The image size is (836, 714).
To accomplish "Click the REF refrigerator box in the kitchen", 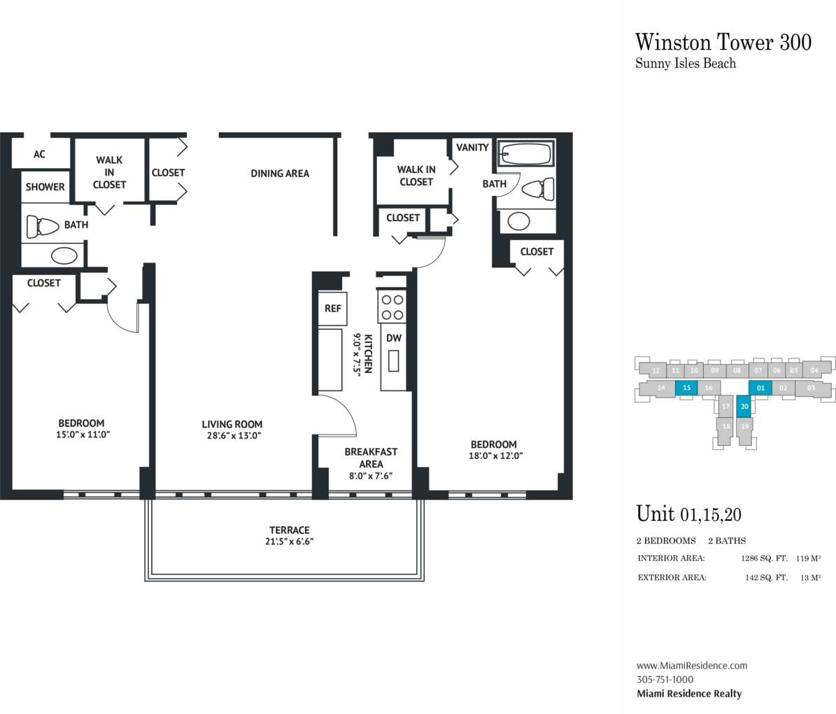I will click(333, 309).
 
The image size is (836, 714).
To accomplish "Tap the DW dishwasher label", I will click(394, 338).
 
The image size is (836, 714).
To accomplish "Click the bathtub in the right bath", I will click(526, 153).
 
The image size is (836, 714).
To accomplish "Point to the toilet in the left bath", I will click(42, 226).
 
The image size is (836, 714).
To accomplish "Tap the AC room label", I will click(40, 154).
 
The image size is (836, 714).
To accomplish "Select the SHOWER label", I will click(45, 187).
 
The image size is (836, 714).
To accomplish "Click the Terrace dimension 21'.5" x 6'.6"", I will click(290, 542).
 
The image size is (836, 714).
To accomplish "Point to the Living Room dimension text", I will click(232, 435).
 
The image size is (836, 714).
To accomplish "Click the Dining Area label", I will click(280, 174).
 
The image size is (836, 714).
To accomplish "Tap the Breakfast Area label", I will click(371, 458).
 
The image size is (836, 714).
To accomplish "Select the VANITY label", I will click(472, 148).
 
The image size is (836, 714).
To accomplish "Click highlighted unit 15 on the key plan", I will click(686, 388).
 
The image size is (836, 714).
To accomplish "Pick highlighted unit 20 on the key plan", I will click(744, 406).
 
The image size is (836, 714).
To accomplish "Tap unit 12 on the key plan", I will click(656, 370).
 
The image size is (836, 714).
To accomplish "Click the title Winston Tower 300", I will click(723, 41).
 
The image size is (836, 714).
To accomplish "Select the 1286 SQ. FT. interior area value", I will click(764, 559).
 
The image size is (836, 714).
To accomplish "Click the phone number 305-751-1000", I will click(665, 680).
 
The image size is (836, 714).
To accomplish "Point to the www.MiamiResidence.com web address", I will click(691, 666).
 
